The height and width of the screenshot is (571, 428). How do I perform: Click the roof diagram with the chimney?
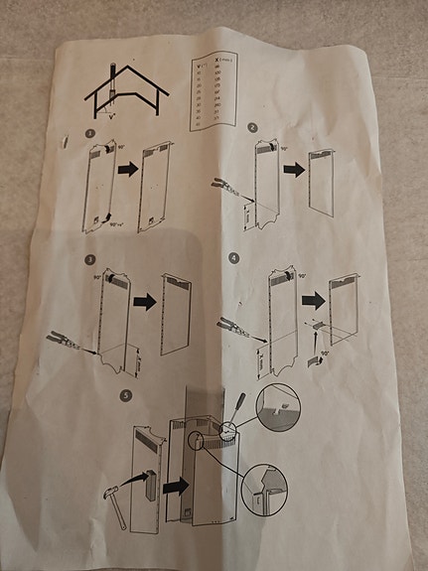point(124,95)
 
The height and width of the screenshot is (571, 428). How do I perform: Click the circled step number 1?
point(91,133)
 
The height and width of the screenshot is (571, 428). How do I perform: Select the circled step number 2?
point(252,129)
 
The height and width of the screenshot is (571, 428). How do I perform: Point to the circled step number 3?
point(89,260)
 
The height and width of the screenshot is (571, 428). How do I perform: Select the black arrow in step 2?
point(292,169)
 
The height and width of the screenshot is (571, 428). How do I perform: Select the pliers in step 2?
point(226,185)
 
